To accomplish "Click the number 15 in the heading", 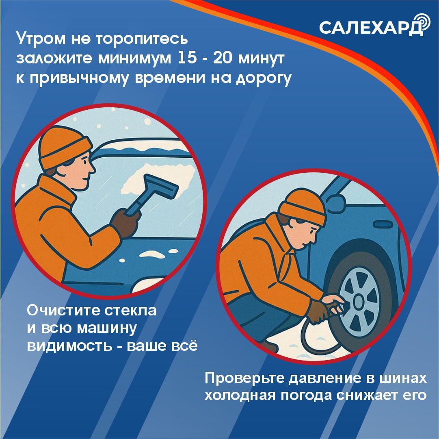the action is (187, 58).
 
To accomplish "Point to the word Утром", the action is (41, 39).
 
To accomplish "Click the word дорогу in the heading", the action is (264, 78).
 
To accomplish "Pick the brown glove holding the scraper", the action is (125, 223).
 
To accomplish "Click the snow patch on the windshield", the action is (158, 179).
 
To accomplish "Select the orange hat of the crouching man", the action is (303, 206).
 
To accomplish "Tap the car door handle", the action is (383, 224).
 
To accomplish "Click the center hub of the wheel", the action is (359, 302).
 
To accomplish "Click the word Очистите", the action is (64, 311).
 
